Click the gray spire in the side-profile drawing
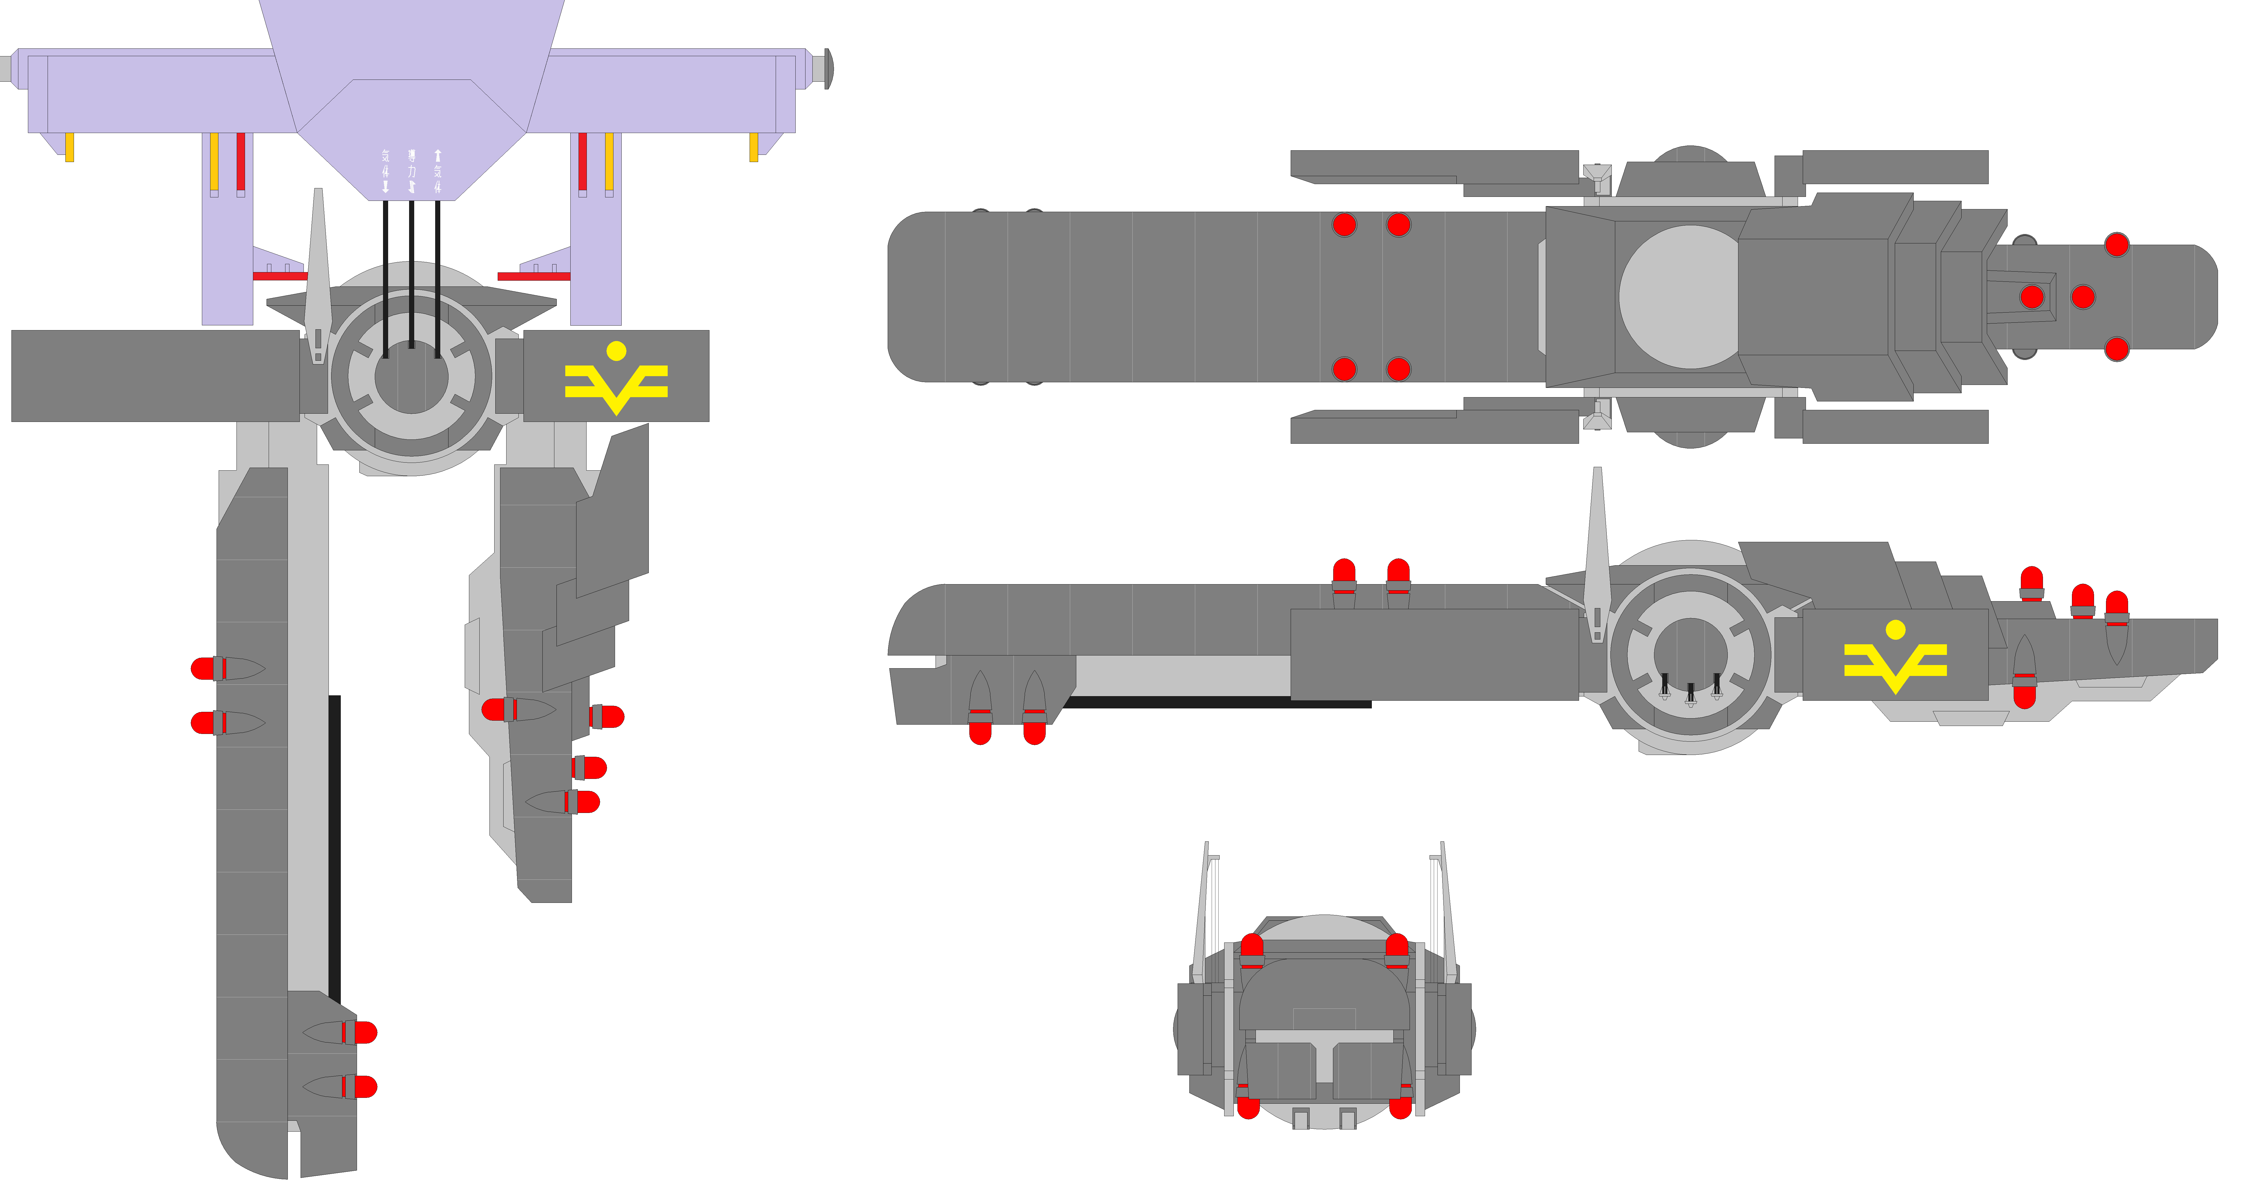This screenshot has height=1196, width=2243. [x=1597, y=548]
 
